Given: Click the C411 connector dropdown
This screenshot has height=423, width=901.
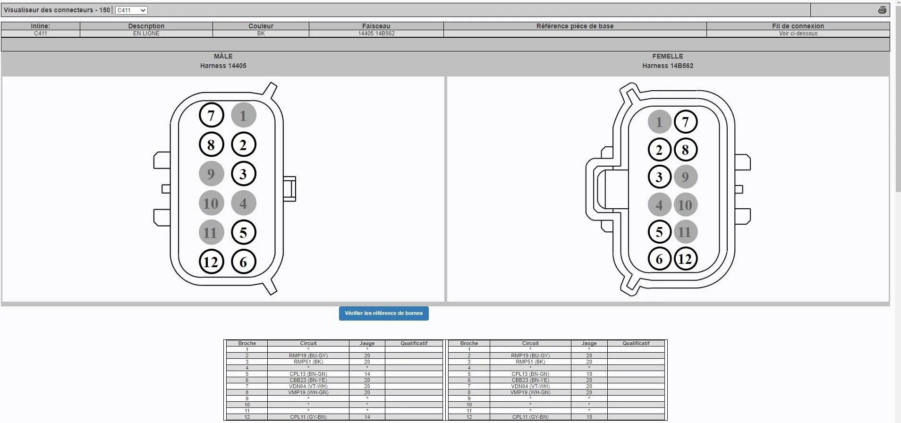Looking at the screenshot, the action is pos(131,10).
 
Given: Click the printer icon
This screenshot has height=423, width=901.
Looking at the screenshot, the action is pos(882,10).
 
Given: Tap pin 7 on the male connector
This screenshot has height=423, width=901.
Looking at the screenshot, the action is pos(211,115).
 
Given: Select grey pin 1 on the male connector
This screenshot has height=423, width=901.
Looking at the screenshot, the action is pos(243,115).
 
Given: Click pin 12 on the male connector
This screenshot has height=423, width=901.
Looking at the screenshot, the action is pos(211,262).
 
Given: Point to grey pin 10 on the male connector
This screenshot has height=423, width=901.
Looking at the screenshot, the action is pos(211,203).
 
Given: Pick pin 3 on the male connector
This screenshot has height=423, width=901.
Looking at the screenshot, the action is pos(243,174).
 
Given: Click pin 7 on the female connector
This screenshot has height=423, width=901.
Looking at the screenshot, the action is pos(685,122).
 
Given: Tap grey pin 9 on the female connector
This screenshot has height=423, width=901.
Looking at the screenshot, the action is pos(685,177).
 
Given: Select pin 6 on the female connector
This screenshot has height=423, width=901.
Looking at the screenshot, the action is pos(659,259).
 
